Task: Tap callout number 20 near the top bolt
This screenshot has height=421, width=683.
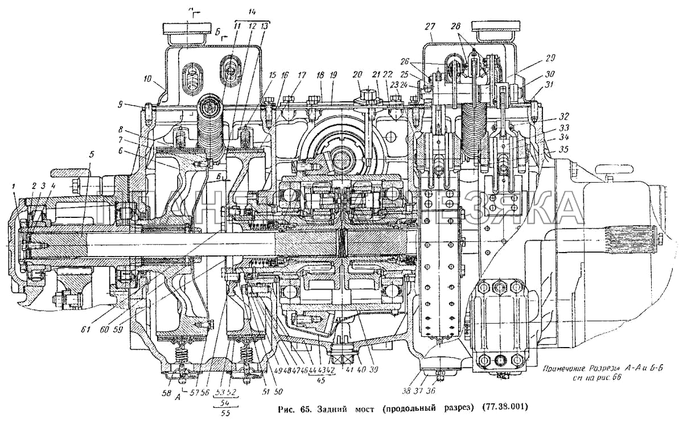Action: (x=357, y=75)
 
